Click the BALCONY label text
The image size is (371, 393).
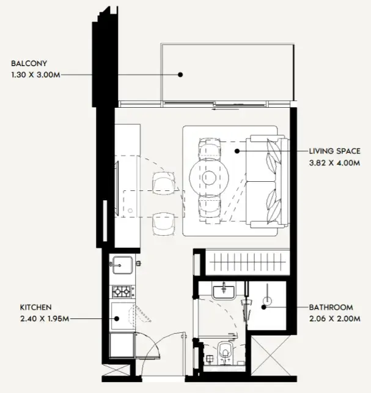click(29, 64)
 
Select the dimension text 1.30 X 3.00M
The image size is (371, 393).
click(36, 75)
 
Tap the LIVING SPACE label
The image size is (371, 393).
click(335, 151)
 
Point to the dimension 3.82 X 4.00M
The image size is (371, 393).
click(334, 163)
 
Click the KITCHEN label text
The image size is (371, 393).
click(36, 307)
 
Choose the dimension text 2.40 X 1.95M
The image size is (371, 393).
click(45, 319)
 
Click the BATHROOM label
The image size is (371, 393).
click(331, 307)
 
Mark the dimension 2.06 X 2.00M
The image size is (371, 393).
click(335, 319)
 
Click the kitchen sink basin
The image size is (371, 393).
click(122, 265)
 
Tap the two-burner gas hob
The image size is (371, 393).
click(122, 291)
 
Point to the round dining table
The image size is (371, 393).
click(209, 178)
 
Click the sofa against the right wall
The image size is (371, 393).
click(268, 181)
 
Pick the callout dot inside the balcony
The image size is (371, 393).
click(180, 75)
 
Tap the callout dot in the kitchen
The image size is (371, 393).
click(117, 319)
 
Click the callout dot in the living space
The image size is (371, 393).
click(237, 151)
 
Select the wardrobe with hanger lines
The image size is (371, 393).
click(248, 262)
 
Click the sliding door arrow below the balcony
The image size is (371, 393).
click(226, 110)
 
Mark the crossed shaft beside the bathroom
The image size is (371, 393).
click(271, 356)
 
